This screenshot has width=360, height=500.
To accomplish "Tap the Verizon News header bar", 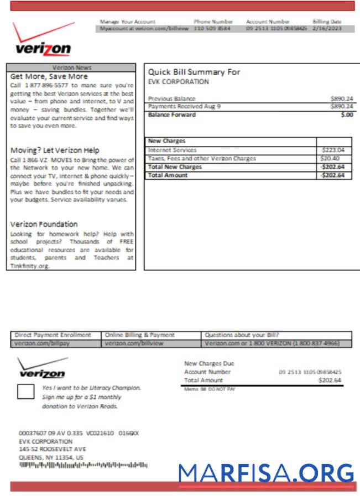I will pos(72,67).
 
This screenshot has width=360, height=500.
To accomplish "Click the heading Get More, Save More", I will pos(49,76).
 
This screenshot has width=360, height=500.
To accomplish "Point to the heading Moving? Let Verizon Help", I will pos(55,150).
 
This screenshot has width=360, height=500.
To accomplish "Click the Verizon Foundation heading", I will pos(44,224).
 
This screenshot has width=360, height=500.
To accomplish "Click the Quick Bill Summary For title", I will pos(194,72).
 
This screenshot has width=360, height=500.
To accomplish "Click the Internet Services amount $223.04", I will pos(333,150).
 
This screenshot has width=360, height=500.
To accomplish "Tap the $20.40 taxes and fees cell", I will pos(331,158).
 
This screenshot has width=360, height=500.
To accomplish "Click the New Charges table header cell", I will pos(230,142).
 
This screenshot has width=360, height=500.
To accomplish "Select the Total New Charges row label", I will pos(175,166).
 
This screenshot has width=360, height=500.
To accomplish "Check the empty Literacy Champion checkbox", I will pos(25,391).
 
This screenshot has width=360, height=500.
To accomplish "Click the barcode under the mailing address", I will pos(83,465).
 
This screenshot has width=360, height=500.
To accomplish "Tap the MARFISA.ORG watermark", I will pos(266,473).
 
